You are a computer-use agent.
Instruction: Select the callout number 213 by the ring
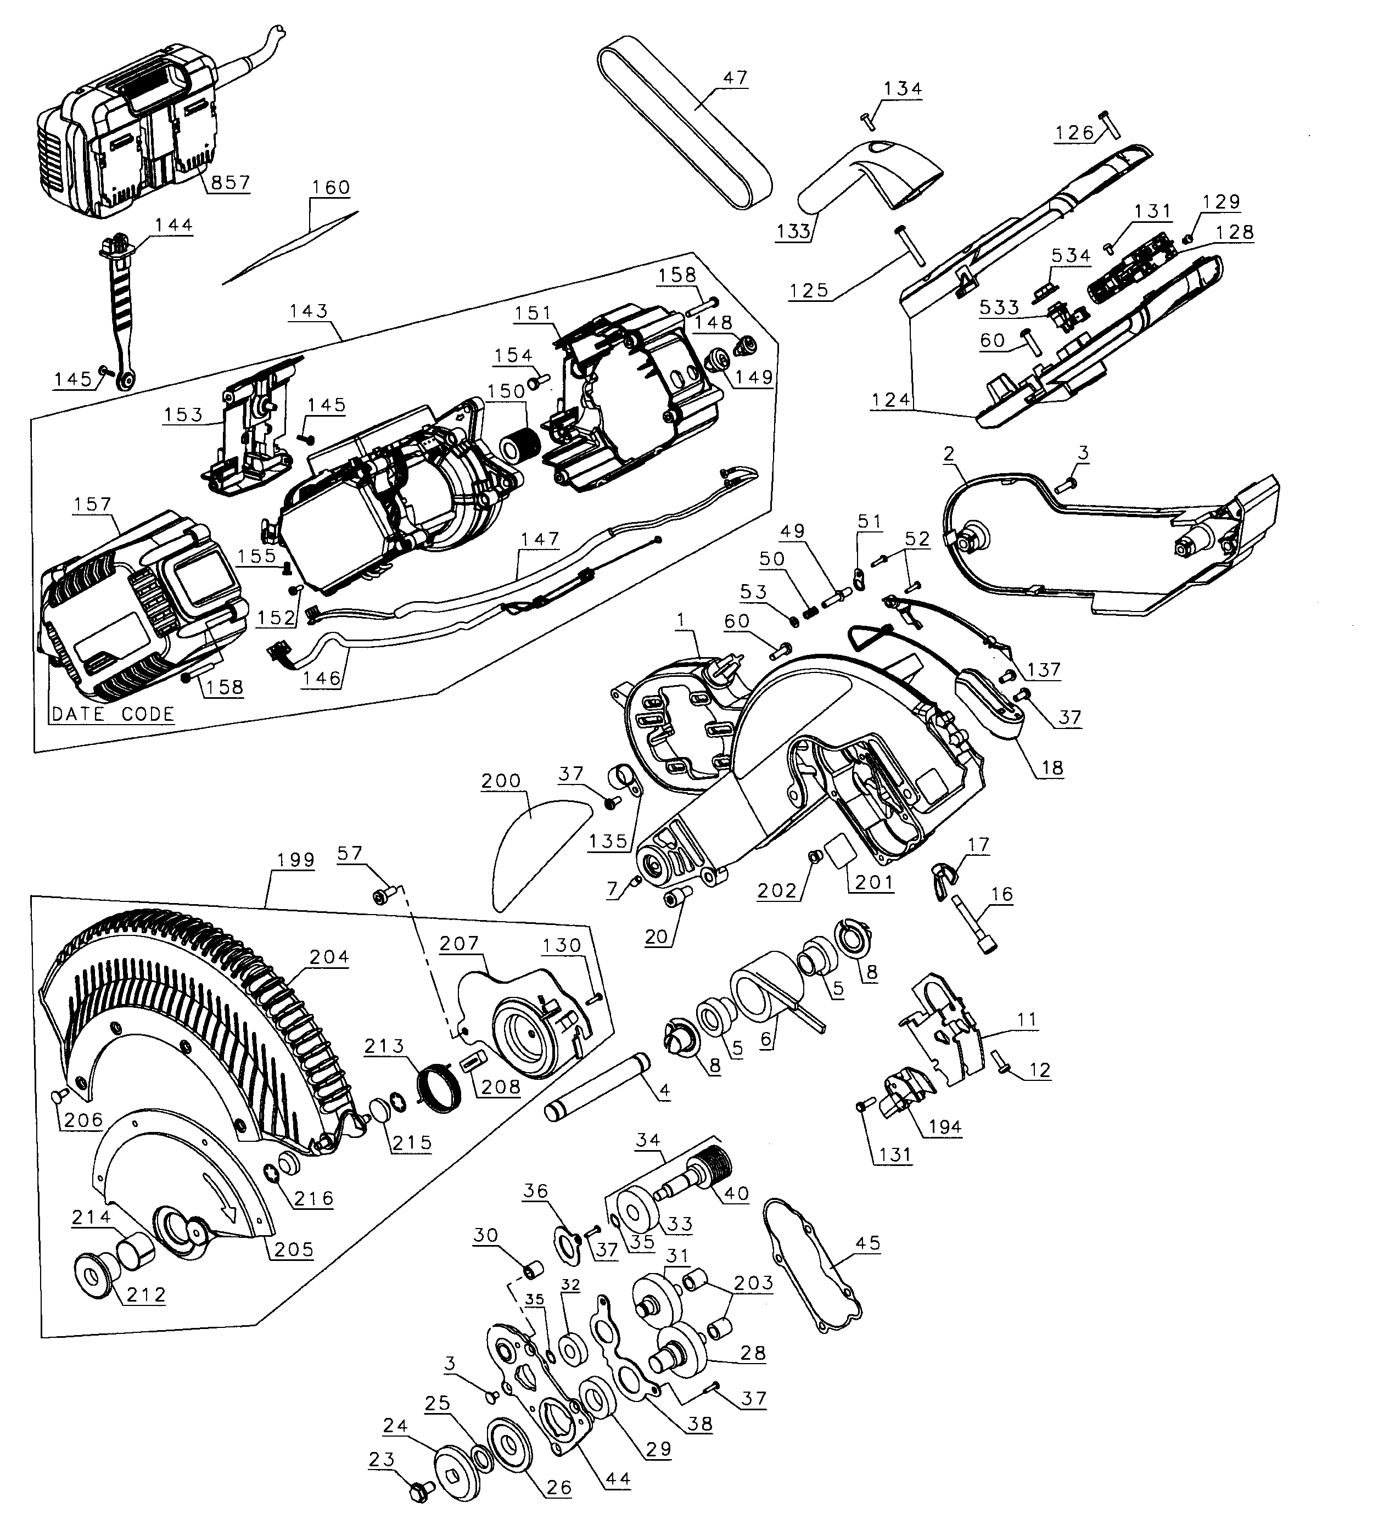click(x=384, y=1046)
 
